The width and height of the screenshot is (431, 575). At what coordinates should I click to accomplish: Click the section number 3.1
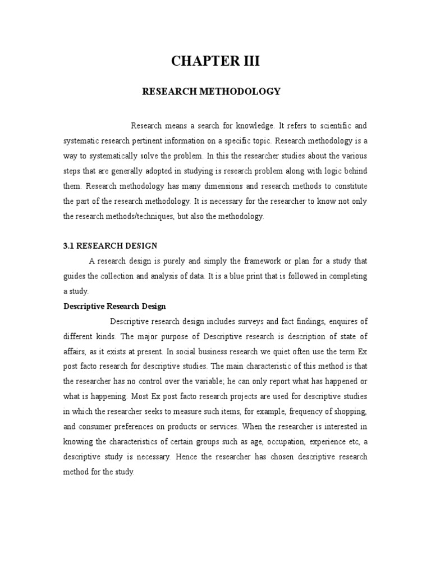68,245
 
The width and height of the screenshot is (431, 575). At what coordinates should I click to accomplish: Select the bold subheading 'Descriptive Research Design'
114,307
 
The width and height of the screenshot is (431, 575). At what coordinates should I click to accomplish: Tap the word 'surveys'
237,322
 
